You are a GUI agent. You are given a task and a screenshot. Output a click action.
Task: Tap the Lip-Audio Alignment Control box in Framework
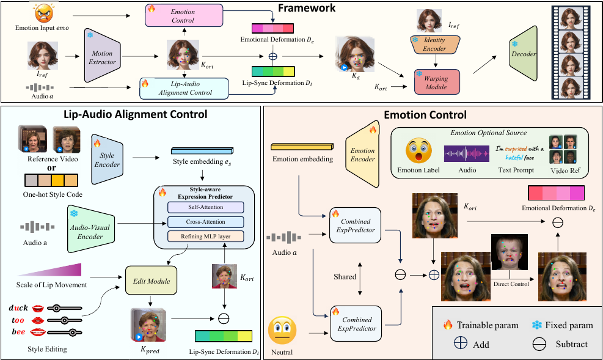(184, 88)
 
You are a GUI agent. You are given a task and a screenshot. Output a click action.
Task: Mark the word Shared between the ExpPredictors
(345, 276)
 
